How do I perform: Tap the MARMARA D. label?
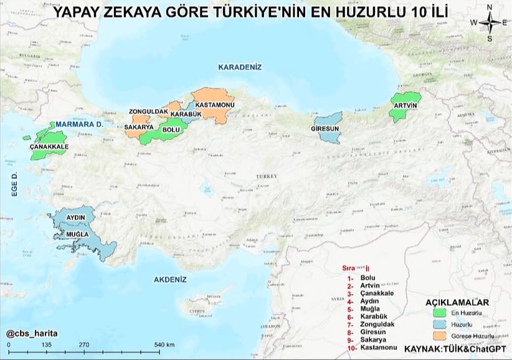coord(80,125)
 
